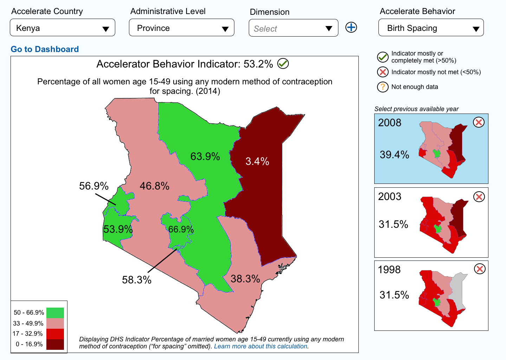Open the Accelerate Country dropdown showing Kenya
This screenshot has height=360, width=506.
pyautogui.click(x=63, y=27)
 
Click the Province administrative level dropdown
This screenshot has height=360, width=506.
pyautogui.click(x=182, y=27)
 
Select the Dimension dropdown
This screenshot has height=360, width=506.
pyautogui.click(x=293, y=28)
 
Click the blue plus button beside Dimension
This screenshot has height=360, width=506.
pyautogui.click(x=351, y=27)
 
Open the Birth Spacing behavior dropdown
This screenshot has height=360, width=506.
pyautogui.click(x=431, y=27)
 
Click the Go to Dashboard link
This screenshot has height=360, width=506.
pyautogui.click(x=45, y=49)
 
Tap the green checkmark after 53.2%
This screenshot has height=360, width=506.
pyautogui.click(x=283, y=64)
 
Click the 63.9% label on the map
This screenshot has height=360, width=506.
pyautogui.click(x=205, y=156)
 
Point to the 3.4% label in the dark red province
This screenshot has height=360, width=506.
pyautogui.click(x=257, y=161)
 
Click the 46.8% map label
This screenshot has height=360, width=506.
pyautogui.click(x=155, y=186)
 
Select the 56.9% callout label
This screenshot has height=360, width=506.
pyautogui.click(x=94, y=186)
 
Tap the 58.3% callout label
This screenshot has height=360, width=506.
pyautogui.click(x=137, y=280)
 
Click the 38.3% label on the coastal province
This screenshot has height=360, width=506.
pyautogui.click(x=245, y=279)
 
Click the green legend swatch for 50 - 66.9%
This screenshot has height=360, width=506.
pyautogui.click(x=55, y=313)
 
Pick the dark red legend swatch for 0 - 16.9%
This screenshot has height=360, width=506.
pyautogui.click(x=55, y=345)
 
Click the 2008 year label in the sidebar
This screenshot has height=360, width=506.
pyautogui.click(x=390, y=123)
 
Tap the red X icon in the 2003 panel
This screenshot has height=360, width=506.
pyautogui.click(x=479, y=197)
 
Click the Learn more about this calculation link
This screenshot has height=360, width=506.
pyautogui.click(x=261, y=346)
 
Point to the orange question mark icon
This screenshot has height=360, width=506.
pyautogui.click(x=383, y=87)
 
